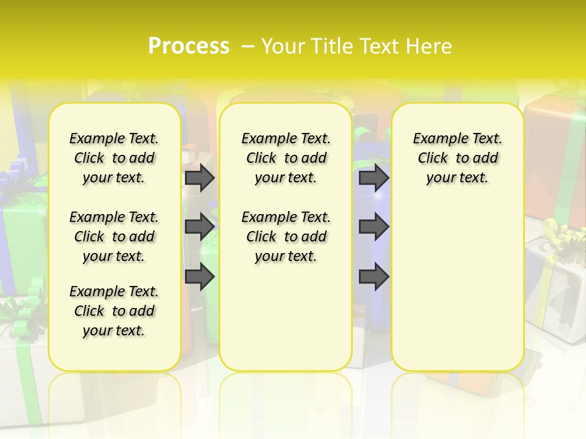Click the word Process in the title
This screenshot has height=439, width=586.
(x=189, y=46)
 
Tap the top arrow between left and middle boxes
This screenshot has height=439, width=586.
(x=199, y=177)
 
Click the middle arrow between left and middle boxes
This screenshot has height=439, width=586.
(x=199, y=227)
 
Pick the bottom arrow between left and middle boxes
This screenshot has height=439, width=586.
(x=199, y=276)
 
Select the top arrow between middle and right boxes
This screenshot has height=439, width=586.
(x=374, y=177)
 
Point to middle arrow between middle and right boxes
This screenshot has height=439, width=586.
(x=374, y=227)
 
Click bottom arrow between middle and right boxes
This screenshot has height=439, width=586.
(x=374, y=276)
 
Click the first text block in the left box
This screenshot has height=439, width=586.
(x=114, y=158)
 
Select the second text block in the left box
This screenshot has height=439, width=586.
(x=114, y=237)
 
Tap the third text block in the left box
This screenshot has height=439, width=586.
(x=114, y=311)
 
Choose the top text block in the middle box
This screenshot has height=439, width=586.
(x=286, y=158)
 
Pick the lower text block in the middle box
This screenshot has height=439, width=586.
(x=286, y=237)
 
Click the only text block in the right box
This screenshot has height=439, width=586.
(x=457, y=158)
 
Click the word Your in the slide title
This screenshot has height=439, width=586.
(x=281, y=46)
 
